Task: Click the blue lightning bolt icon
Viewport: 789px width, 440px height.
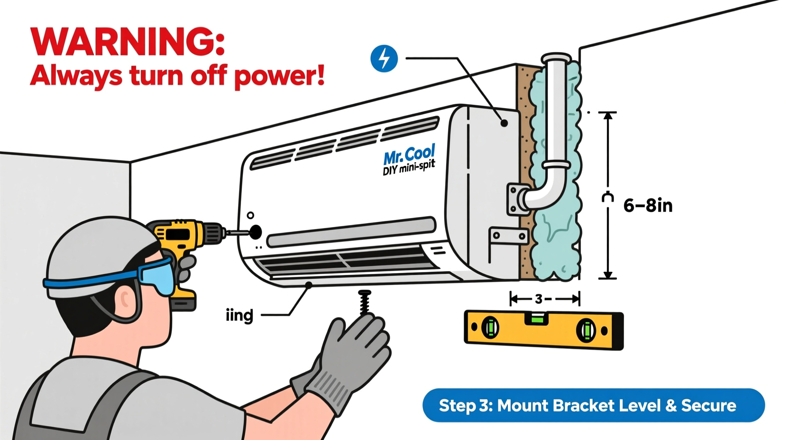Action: [x=384, y=59]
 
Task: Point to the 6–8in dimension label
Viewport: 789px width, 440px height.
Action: [x=648, y=206]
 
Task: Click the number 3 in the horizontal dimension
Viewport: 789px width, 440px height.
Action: [x=539, y=299]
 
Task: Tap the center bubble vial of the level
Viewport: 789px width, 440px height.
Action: [x=538, y=318]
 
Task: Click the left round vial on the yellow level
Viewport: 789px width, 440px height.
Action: [x=490, y=328]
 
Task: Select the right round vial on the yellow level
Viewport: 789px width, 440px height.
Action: [x=586, y=330]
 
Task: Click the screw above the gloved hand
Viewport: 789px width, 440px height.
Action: [x=365, y=302]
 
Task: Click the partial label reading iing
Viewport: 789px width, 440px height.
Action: [x=239, y=315]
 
